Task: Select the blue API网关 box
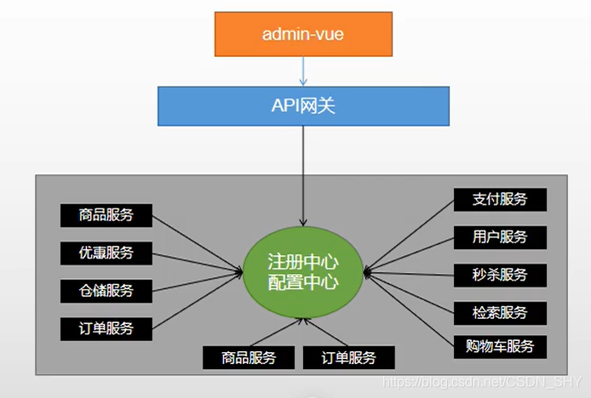[x=302, y=105]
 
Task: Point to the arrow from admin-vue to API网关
[x=302, y=72]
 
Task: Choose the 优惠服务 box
[x=106, y=253]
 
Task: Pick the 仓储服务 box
[x=106, y=290]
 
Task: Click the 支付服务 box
[x=501, y=200]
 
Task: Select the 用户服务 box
[x=501, y=237]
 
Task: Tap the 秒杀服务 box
[x=501, y=275]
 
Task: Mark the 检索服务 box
[x=501, y=312]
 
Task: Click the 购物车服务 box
[x=501, y=346]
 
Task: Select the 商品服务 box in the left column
[x=106, y=215]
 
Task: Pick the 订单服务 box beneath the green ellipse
[x=349, y=357]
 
